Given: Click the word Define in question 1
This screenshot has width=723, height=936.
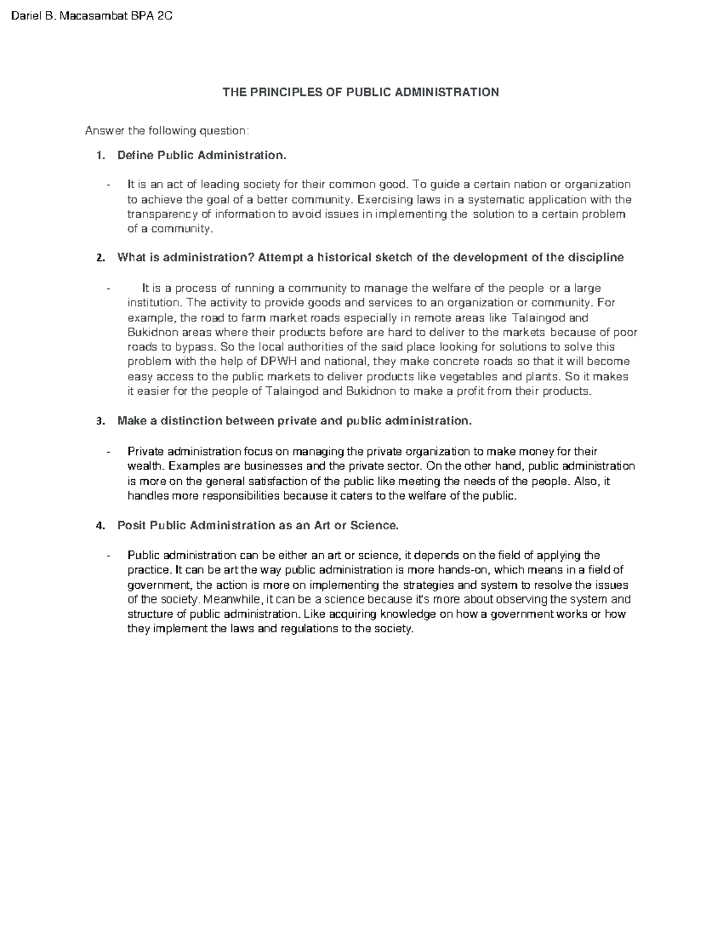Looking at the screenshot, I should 136,155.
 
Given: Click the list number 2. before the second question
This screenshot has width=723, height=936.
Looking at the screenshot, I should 101,258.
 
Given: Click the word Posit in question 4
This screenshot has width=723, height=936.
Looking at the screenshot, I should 131,526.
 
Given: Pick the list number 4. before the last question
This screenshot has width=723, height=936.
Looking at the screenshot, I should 101,526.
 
